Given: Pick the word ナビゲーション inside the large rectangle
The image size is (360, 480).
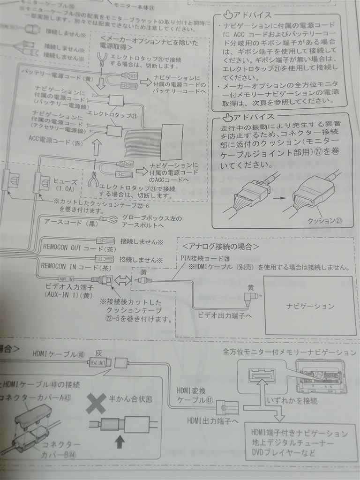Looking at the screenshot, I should (310, 306).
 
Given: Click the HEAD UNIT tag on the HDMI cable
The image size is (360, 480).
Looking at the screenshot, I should (99, 362).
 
